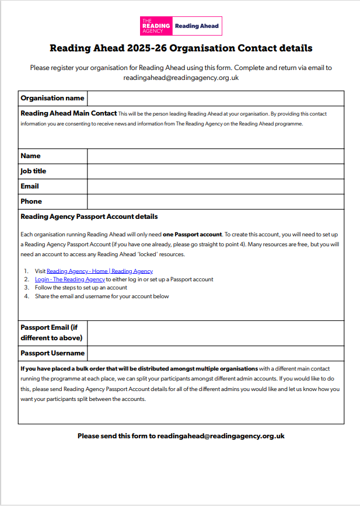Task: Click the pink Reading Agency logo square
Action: click(x=156, y=26)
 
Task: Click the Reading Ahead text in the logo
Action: click(x=197, y=26)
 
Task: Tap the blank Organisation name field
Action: click(x=215, y=98)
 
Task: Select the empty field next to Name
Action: click(x=215, y=156)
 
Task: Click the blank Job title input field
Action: click(x=215, y=171)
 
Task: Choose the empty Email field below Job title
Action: click(x=215, y=186)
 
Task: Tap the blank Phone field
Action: click(x=215, y=201)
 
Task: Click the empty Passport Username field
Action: click(x=215, y=353)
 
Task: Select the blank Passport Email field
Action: click(x=215, y=333)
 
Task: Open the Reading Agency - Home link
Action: click(x=99, y=271)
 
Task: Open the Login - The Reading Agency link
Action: click(x=69, y=280)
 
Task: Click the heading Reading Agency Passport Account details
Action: click(x=89, y=217)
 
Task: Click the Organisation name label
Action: click(x=52, y=98)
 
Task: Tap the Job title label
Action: click(x=33, y=171)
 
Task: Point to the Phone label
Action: click(x=31, y=201)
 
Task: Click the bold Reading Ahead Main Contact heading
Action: click(x=68, y=113)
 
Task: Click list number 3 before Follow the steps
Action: click(x=26, y=288)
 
